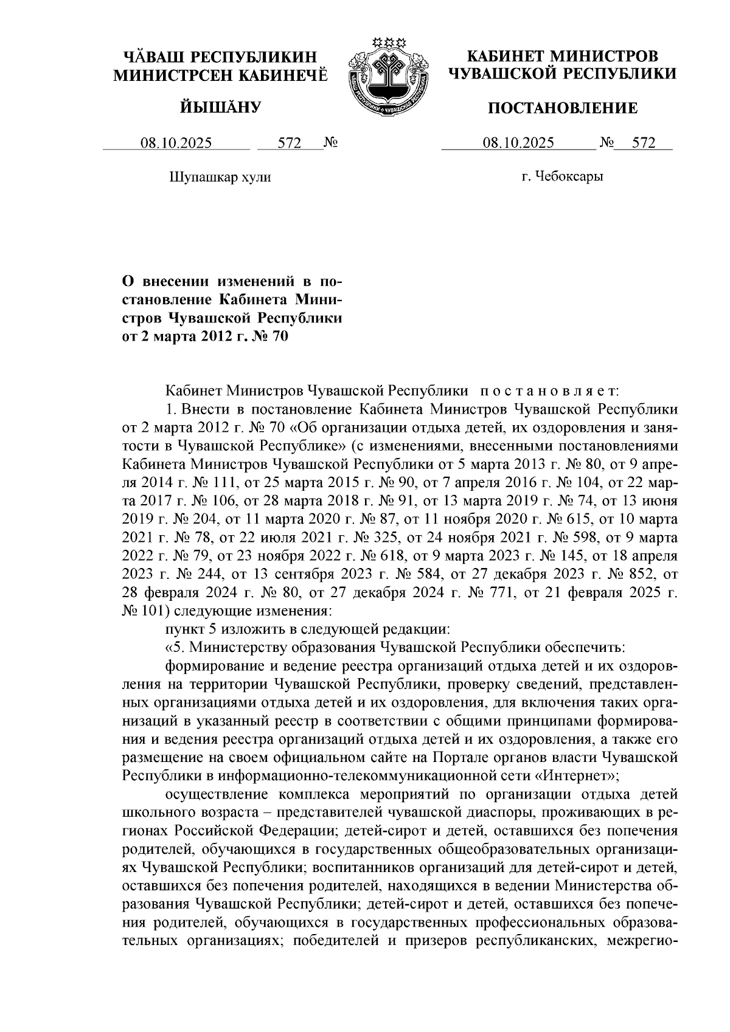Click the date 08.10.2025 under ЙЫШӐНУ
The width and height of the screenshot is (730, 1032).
click(176, 144)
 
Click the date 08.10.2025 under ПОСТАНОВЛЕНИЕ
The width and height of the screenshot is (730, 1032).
click(518, 144)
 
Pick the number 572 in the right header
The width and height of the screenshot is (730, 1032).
click(644, 144)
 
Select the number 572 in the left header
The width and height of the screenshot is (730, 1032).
click(290, 144)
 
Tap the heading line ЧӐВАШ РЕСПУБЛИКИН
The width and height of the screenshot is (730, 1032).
click(220, 57)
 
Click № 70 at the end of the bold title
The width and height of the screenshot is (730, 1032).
click(269, 335)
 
